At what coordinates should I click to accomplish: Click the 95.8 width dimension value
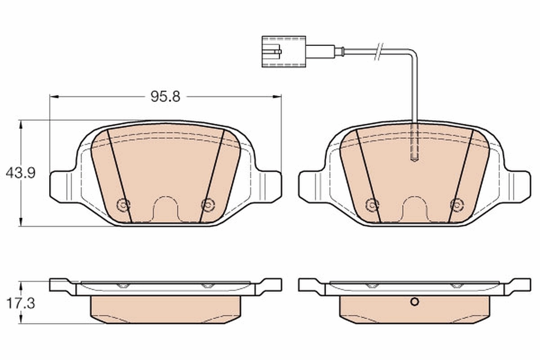point(165,97)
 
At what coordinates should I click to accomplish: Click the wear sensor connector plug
point(283,51)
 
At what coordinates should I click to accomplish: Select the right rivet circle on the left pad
point(207,205)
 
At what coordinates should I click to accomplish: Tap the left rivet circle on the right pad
point(372,205)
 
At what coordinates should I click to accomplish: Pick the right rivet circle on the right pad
point(456,205)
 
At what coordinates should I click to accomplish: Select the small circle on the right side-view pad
point(414,302)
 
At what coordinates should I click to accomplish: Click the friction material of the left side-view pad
point(165,310)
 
